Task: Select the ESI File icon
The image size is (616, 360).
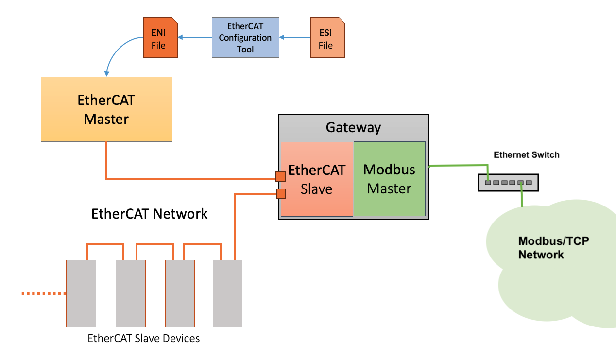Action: pos(327,38)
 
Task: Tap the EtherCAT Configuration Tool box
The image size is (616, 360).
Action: pos(245,37)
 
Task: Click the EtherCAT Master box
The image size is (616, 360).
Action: pos(106,109)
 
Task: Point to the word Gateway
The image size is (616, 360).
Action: pos(353,127)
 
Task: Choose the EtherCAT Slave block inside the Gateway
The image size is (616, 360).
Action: pos(317,179)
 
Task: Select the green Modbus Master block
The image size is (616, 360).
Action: pos(389,179)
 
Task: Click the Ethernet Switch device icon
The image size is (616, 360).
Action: pos(508,183)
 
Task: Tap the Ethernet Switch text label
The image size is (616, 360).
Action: pos(527,155)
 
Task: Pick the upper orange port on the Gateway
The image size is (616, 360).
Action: pos(280,176)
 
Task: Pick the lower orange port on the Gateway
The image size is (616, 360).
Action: pos(280,194)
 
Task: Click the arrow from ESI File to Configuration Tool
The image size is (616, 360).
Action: pos(295,37)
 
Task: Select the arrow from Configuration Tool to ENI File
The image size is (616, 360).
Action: pos(195,37)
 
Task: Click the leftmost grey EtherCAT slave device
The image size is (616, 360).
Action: pos(81,293)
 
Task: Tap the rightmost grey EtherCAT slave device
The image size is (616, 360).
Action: pos(227,293)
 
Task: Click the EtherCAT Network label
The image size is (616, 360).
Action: pos(150,213)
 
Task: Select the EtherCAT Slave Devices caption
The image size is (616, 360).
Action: pos(144,338)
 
